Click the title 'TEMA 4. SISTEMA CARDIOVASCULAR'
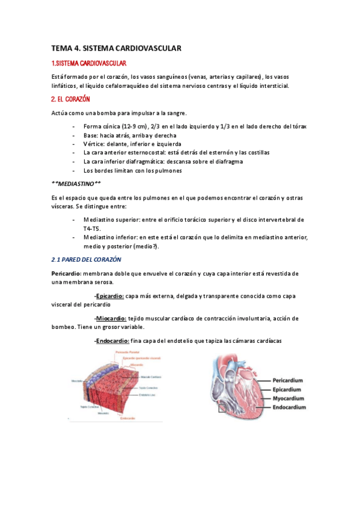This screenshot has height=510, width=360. [116, 48]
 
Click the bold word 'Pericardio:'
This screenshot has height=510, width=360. [67, 274]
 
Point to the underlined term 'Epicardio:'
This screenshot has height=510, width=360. [109, 296]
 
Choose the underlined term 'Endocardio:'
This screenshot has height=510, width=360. [112, 341]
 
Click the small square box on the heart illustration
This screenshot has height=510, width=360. [223, 409]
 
